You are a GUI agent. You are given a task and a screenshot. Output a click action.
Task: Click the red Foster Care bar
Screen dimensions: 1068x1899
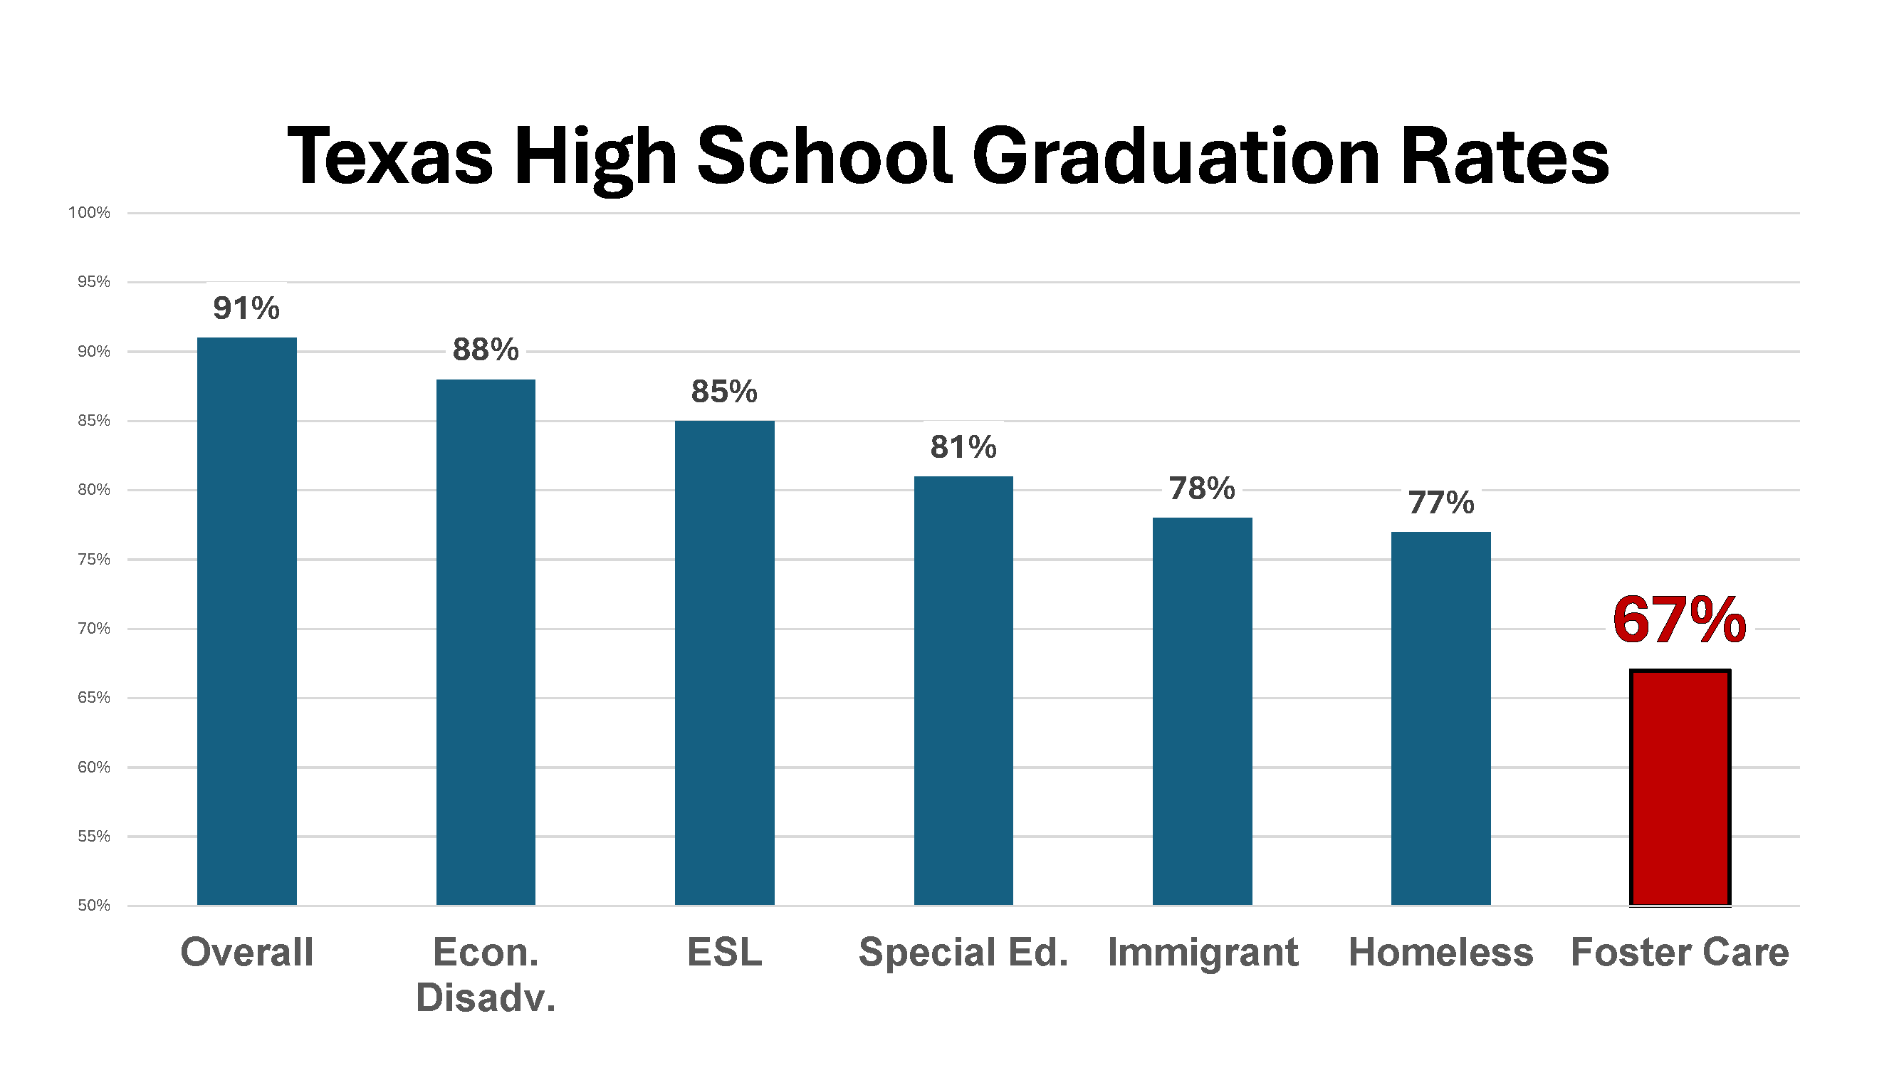[x=1679, y=787]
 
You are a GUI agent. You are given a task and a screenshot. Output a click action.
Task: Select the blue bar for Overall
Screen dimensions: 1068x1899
[x=247, y=621]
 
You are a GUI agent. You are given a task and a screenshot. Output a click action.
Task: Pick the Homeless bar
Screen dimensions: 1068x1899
[x=1440, y=718]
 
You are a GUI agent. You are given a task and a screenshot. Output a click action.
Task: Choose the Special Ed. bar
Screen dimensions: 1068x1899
[x=963, y=690]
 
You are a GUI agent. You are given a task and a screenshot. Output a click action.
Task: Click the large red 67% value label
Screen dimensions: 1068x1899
[x=1679, y=621]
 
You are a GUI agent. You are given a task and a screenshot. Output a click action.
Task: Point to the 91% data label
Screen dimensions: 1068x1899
[x=246, y=308]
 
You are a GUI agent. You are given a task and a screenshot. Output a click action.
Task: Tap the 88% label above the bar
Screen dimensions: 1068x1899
[x=486, y=350]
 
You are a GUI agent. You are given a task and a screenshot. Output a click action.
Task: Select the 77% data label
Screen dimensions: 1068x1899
[x=1441, y=503]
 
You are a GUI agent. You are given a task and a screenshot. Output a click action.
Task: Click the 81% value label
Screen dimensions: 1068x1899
[x=963, y=446]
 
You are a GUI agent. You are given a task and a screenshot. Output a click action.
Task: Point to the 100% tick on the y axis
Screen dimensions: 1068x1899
[x=89, y=213]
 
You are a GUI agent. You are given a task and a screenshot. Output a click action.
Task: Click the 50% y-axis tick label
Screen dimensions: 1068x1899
[x=93, y=905]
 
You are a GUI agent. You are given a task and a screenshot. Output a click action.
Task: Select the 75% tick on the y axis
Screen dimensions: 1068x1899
[x=93, y=560]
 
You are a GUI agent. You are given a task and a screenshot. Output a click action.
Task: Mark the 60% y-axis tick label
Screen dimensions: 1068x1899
[x=93, y=768]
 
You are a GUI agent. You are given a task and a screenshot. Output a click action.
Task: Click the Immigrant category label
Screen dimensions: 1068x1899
[x=1203, y=951]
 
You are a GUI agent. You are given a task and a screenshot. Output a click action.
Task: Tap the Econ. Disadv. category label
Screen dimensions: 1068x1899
[x=486, y=973]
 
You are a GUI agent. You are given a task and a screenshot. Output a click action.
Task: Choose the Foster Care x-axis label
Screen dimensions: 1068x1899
[x=1679, y=951]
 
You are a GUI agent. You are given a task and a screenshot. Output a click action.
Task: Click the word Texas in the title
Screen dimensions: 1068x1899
[x=389, y=156]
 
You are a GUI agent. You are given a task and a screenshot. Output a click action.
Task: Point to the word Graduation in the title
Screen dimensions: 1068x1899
[x=1176, y=156]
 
